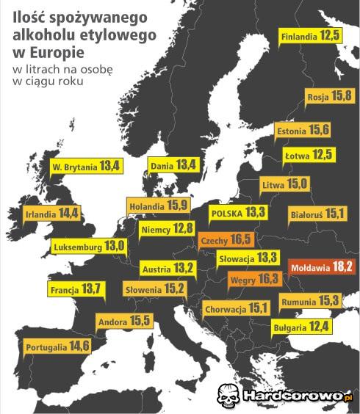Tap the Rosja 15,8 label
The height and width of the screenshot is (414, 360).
pyautogui.click(x=330, y=96)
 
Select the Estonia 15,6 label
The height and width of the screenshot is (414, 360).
pyautogui.click(x=303, y=130)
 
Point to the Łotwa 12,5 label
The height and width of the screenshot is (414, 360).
pyautogui.click(x=309, y=155)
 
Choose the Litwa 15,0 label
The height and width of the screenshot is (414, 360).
pyautogui.click(x=285, y=184)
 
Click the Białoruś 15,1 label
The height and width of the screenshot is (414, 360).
pyautogui.click(x=317, y=214)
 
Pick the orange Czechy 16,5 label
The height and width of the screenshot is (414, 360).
pyautogui.click(x=226, y=239)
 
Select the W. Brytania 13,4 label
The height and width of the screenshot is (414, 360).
pyautogui.click(x=86, y=167)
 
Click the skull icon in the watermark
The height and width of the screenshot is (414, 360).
pyautogui.click(x=228, y=396)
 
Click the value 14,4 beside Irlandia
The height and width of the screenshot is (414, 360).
pyautogui.click(x=69, y=214)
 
